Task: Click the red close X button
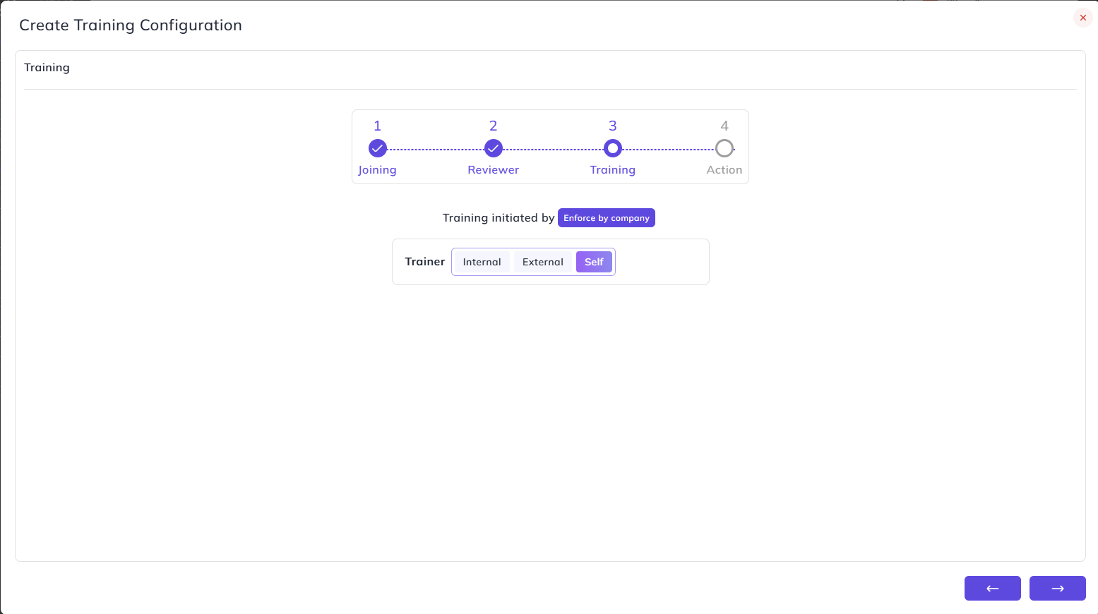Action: click(1082, 18)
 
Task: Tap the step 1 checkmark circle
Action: click(378, 148)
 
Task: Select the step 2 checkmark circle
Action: click(493, 148)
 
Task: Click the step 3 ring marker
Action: click(613, 139)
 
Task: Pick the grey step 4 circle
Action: click(724, 139)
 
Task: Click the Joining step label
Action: click(377, 170)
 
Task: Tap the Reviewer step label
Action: click(493, 169)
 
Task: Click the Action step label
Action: click(724, 169)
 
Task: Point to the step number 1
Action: click(378, 126)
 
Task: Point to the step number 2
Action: click(493, 126)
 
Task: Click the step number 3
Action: click(613, 126)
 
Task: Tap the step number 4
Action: click(724, 126)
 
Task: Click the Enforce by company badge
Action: click(607, 218)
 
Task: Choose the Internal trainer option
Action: click(482, 262)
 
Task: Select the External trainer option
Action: click(542, 262)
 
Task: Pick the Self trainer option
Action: click(594, 262)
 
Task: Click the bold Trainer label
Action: click(425, 262)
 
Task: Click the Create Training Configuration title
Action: click(131, 25)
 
